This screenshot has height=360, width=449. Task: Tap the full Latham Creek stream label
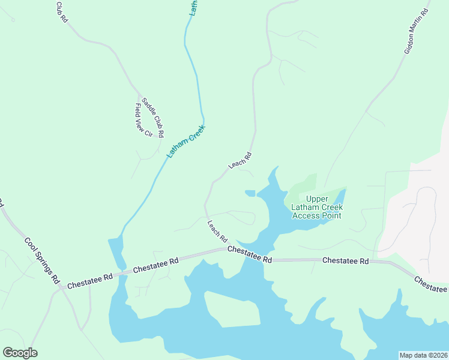coord(186,141)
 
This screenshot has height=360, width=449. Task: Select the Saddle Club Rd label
coord(152,116)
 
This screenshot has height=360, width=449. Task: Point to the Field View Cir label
coord(143,120)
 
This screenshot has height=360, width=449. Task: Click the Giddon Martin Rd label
coord(416,32)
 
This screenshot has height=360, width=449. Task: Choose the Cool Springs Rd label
coord(43,260)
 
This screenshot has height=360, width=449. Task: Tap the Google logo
coord(20,353)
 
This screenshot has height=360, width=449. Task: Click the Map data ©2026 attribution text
coord(424,355)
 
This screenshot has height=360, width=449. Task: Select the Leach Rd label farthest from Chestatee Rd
coord(239,160)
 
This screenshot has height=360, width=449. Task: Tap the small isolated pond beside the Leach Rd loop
coord(250,193)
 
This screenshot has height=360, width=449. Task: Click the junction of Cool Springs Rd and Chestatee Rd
coord(61,287)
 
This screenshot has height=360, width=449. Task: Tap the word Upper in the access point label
coord(317,199)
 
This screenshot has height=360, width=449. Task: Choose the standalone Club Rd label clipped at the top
coord(62,12)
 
